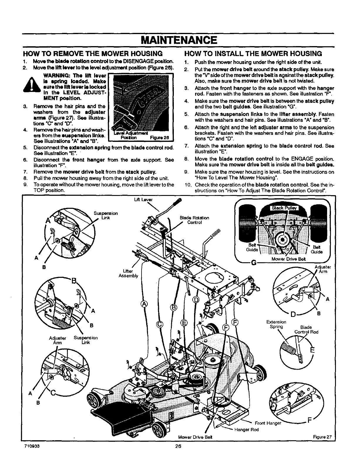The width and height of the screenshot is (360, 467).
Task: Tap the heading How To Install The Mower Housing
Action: click(x=253, y=53)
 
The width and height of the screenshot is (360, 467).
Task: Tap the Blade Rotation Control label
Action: click(x=194, y=220)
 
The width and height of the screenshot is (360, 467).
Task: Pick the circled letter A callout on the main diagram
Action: click(x=144, y=304)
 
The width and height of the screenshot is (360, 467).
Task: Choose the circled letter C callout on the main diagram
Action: click(x=160, y=324)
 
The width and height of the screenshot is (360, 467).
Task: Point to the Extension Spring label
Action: click(x=276, y=324)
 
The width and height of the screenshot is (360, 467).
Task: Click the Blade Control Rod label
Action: click(x=306, y=330)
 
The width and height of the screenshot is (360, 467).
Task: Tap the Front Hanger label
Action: click(x=268, y=423)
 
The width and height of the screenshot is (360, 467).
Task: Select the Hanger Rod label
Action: click(x=246, y=430)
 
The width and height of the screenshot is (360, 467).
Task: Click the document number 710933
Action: click(x=32, y=446)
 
